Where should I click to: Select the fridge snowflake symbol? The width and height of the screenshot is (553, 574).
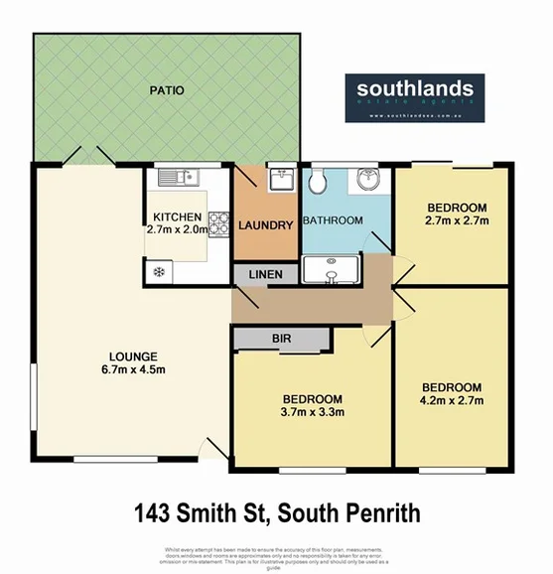point(158,270)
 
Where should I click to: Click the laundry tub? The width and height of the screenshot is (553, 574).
point(280,179)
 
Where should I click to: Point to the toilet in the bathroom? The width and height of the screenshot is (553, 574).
point(317,182)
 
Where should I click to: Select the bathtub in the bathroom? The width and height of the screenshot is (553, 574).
point(332,269)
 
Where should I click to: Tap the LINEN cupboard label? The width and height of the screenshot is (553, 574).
point(266,273)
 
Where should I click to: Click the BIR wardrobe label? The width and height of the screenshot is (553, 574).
point(282,339)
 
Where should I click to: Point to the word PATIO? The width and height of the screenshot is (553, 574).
point(167,91)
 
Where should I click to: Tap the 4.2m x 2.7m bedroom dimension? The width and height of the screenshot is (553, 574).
point(452,402)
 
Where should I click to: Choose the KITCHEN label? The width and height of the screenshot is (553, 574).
point(177,216)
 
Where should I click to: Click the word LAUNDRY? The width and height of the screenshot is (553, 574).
point(266,225)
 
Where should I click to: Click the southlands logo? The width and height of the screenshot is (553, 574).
point(415,95)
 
